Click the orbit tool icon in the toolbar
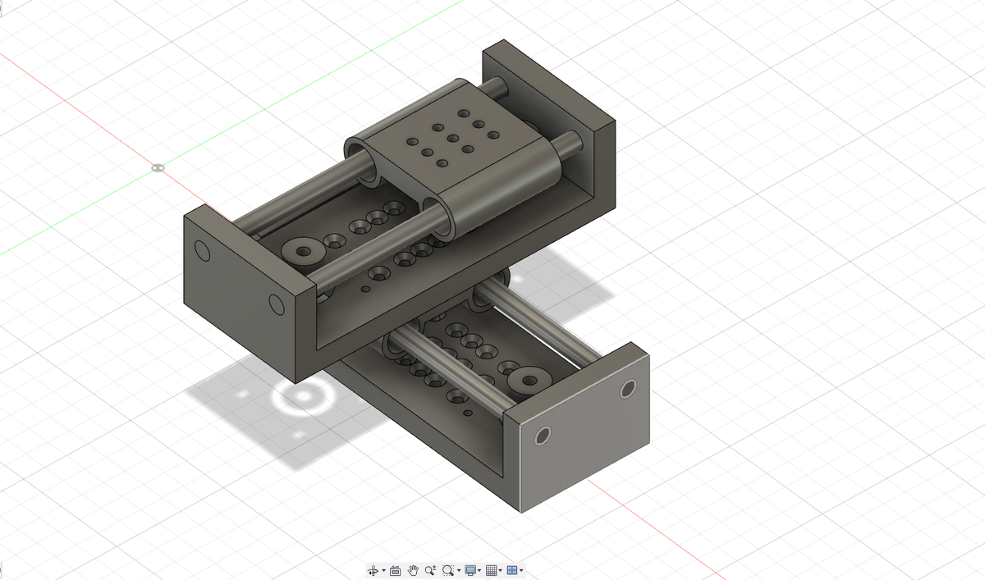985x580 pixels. (373, 570)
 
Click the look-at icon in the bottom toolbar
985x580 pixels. (395, 570)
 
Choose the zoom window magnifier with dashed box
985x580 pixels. (447, 570)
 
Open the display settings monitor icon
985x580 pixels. (470, 570)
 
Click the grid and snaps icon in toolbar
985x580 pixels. (492, 570)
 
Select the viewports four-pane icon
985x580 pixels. (512, 570)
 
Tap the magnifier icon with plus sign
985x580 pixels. (430, 570)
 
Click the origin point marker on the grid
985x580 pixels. (158, 168)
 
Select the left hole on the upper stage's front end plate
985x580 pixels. (202, 249)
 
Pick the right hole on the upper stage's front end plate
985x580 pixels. (277, 305)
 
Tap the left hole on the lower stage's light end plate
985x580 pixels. (541, 436)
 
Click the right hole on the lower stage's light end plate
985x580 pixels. (630, 388)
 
